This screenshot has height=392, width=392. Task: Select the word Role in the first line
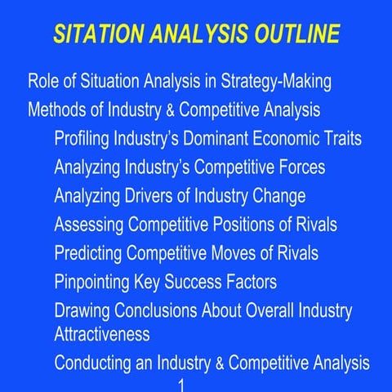coord(44,82)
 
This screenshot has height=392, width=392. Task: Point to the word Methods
coord(58,110)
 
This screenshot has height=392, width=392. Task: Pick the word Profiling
coord(84,139)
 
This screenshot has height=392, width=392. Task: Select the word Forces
coord(297,167)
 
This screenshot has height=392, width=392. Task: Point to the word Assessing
coord(90,225)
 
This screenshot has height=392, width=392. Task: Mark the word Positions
coord(252,225)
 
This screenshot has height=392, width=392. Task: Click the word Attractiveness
coord(102,335)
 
